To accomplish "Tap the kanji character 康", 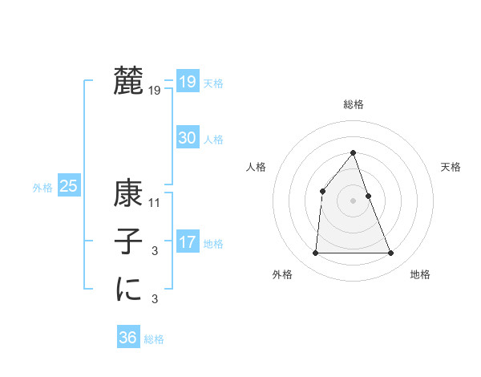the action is (x=128, y=194).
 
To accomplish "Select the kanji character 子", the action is (x=128, y=242).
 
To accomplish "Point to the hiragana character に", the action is (x=128, y=289).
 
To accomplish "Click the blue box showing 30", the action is (x=188, y=138).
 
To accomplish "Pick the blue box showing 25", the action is (x=69, y=186).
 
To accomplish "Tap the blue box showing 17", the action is (x=188, y=242).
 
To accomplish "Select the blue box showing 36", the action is (x=128, y=338).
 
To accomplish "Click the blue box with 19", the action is (x=188, y=82).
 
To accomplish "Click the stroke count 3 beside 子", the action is (x=155, y=252).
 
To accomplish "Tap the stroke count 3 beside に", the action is (x=155, y=300).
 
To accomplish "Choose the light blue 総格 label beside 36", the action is (x=155, y=339).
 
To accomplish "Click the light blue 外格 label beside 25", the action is (x=42, y=188).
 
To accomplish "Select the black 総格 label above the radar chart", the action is (x=354, y=104).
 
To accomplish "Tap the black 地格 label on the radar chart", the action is (x=420, y=274).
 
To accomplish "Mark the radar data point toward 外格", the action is (x=315, y=253).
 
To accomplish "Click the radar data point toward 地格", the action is (x=391, y=253).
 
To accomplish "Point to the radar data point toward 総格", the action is (x=354, y=153).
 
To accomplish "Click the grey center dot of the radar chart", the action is (x=354, y=201).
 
